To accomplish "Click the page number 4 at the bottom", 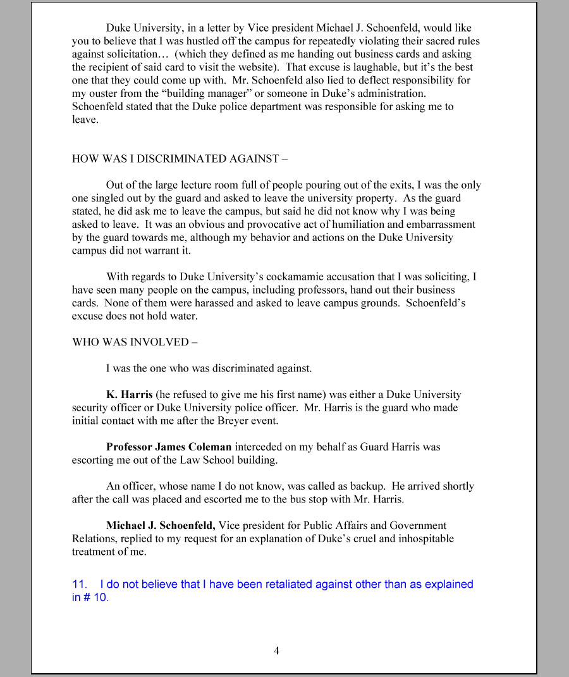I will click(276, 650).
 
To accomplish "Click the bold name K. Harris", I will click(129, 394).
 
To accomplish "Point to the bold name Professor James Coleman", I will click(169, 447).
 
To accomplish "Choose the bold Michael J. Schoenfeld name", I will click(161, 525).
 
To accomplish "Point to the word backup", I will click(365, 486).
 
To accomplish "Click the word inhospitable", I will click(421, 538).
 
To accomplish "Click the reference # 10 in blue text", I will click(95, 597).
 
